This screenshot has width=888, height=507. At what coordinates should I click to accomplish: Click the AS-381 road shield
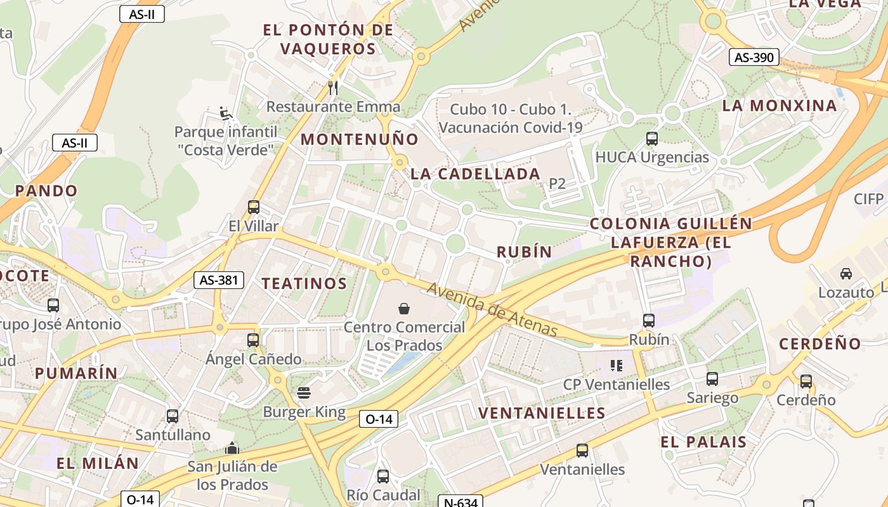218,280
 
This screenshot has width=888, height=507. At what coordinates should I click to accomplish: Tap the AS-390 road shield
754,57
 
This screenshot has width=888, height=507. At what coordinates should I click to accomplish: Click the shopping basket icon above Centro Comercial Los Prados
404,309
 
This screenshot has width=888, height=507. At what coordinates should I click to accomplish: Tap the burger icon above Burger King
304,393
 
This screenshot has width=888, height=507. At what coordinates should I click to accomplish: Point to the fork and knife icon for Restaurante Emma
333,87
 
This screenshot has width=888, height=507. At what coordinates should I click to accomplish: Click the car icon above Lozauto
846,274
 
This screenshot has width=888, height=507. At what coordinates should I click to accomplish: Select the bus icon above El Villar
253,207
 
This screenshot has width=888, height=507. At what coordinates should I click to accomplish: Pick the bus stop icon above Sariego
712,379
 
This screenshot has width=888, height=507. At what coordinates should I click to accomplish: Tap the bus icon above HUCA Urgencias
651,138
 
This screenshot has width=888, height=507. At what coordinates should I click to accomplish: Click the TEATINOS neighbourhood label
304,283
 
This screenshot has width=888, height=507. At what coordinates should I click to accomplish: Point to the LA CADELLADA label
475,174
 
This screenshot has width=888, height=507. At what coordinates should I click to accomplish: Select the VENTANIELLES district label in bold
542,413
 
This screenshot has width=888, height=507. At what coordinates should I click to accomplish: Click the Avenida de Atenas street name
492,310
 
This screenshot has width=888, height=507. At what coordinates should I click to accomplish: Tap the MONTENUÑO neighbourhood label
360,139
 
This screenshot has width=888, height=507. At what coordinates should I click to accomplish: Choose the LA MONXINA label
780,105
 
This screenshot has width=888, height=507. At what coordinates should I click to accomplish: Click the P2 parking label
557,184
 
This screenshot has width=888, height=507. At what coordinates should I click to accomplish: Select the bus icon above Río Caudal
383,476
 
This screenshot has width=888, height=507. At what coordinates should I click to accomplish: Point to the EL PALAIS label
703,442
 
